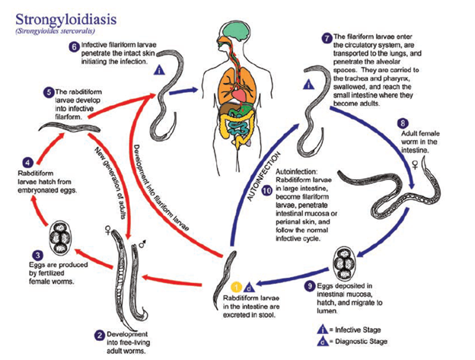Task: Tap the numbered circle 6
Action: [x=73, y=47]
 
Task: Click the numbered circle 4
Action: [x=28, y=162]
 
